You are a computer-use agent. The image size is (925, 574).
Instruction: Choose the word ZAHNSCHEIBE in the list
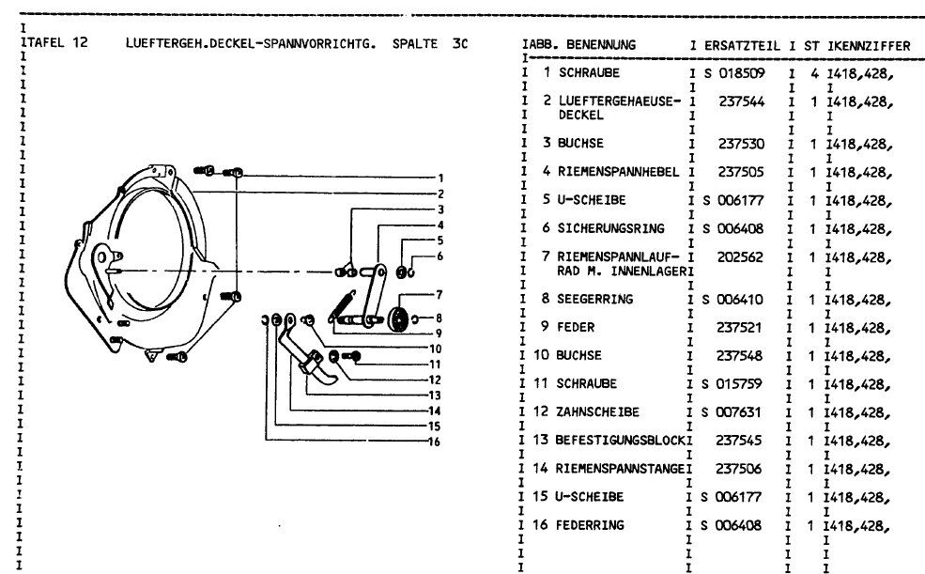click(599, 411)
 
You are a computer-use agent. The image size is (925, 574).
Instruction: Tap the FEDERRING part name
click(591, 525)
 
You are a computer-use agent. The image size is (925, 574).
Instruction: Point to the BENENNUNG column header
click(600, 45)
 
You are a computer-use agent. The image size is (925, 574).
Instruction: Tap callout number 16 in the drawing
click(434, 442)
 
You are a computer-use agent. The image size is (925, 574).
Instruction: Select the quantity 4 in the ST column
click(815, 73)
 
